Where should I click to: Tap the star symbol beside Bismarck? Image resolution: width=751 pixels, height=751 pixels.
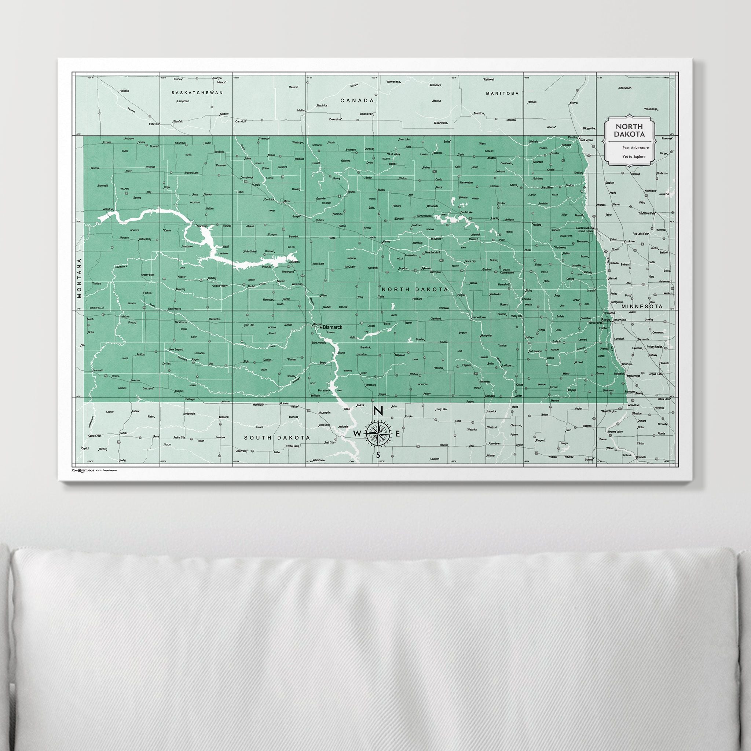click(x=321, y=327)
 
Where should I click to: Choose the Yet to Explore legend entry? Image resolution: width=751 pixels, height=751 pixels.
click(x=634, y=157)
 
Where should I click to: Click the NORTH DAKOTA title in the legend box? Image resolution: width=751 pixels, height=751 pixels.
click(x=629, y=130)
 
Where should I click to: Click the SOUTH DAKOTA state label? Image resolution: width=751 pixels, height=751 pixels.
click(x=277, y=438)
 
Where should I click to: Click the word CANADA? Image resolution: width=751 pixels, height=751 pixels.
click(x=357, y=100)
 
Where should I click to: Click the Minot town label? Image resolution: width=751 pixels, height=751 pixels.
click(x=287, y=201)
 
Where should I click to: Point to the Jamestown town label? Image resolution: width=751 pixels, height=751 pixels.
click(x=479, y=317)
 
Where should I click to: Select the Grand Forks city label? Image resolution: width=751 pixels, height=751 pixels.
click(x=584, y=231)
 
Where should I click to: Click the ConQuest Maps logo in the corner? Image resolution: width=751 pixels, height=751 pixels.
click(x=83, y=470)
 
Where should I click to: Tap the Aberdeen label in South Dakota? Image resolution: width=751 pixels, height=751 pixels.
click(x=494, y=444)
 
